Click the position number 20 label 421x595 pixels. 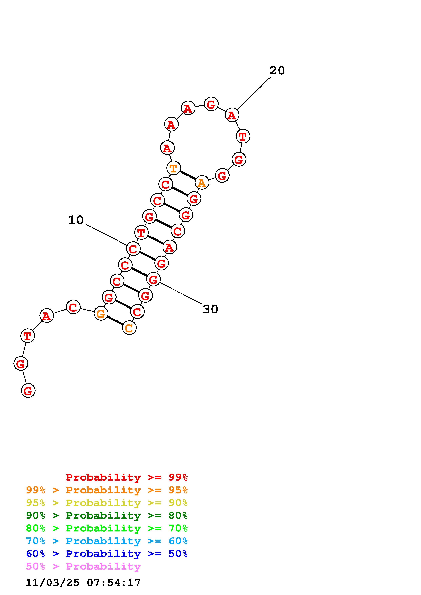click(x=277, y=71)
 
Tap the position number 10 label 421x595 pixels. click(x=76, y=220)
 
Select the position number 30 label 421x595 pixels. click(x=210, y=309)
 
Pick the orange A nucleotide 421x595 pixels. click(x=202, y=183)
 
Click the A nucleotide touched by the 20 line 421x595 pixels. click(x=232, y=115)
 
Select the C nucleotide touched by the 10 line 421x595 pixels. click(x=133, y=249)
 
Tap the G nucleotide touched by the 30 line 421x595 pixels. click(x=153, y=279)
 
